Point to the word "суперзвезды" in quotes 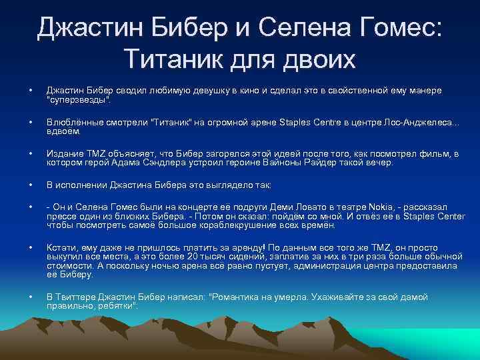tap(77, 99)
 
